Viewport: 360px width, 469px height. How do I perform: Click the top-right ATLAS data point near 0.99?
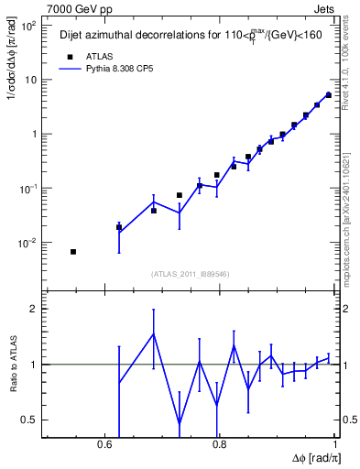pyautogui.click(x=328, y=94)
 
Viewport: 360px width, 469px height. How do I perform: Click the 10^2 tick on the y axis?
pyautogui.click(x=29, y=25)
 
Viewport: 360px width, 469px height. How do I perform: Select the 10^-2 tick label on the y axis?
pyautogui.click(x=28, y=243)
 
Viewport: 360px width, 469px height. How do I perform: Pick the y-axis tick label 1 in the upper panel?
pyautogui.click(x=35, y=134)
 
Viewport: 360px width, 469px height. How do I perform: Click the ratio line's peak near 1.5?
pyautogui.click(x=154, y=333)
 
